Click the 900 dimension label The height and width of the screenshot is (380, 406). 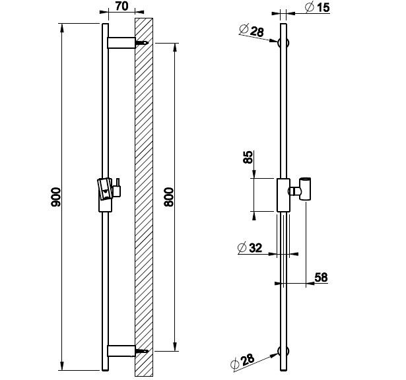pos(56,197)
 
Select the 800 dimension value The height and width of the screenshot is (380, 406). pos(169,197)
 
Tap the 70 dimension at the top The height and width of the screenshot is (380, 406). pos(121,6)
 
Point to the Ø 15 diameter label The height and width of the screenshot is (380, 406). pos(317,7)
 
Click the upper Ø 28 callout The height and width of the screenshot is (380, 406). pos(252,30)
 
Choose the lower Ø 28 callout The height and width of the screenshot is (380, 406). pos(242,361)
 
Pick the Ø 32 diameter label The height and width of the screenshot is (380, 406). pos(250,248)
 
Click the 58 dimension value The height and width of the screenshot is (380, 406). pos(321,277)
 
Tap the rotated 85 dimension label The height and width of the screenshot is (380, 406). pos(248,157)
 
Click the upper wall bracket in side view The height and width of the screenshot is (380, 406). pos(121,43)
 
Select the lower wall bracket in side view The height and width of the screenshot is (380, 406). pos(121,351)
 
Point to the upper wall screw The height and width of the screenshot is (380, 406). pos(142,43)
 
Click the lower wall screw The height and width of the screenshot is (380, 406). pos(142,351)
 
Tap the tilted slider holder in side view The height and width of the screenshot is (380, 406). pos(105,189)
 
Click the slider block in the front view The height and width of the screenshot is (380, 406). pos(283,195)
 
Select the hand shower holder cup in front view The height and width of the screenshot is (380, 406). pos(305,189)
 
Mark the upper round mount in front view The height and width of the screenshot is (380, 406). pos(283,43)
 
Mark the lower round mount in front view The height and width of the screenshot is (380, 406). pos(283,351)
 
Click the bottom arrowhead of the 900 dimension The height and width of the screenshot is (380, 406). pos(61,366)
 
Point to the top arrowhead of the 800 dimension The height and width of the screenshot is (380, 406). pos(175,47)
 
